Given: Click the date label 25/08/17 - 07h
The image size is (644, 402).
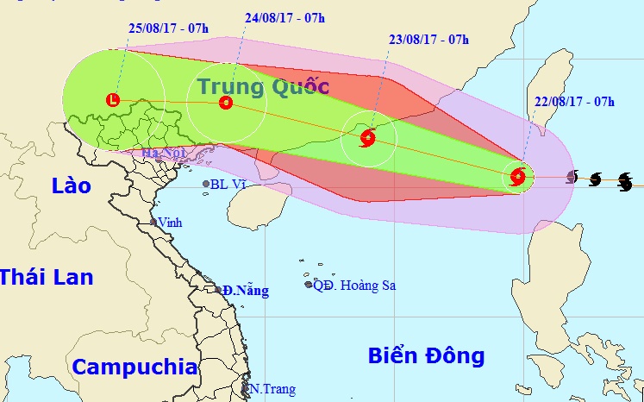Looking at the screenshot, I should coord(168,28).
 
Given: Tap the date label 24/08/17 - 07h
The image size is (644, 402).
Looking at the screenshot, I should coord(284,17).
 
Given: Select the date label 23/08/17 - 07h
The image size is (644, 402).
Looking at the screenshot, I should coord(428,39).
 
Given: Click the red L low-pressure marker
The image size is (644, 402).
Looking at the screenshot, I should coord(113,100).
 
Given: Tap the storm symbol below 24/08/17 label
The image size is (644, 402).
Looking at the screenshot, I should coord(226,103).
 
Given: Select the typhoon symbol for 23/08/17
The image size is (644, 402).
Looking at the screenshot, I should coord(368,136).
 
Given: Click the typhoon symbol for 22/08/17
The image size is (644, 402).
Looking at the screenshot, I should coord(517,177).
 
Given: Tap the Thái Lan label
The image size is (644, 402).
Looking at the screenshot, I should coord(46,277).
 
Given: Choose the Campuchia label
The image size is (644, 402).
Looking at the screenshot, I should coord(134,366).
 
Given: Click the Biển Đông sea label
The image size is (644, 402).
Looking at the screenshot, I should coord(426,355).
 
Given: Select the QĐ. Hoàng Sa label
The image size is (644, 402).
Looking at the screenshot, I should coord(354,285).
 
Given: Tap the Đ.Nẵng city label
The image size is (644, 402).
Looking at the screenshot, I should coord(246,291).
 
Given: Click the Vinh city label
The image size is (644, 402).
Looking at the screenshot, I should coord(171,222).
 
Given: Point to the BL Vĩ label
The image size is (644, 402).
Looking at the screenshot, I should coord(230,184).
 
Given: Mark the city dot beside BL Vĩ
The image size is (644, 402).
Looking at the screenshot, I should coord(206,184).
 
